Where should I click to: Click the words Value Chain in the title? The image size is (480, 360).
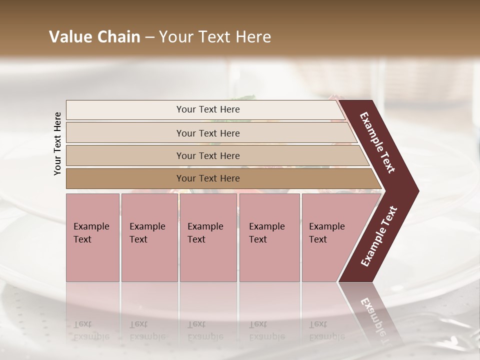pos(94,37)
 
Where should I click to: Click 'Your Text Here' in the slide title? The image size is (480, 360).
pos(215,37)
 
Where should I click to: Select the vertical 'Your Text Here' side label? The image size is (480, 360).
pos(57,143)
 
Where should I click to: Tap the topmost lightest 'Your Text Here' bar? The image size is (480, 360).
pos(125,110)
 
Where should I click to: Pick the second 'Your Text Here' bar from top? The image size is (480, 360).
pos(125,133)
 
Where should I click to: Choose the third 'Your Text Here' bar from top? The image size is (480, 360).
pos(125,155)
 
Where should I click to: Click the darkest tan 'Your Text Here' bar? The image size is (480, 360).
pos(125,178)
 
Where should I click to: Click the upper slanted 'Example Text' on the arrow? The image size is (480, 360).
pos(377,142)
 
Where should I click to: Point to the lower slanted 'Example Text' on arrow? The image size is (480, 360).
pos(379,236)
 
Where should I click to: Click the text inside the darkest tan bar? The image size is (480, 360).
pos(208,178)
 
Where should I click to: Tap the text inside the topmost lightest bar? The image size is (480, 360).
pos(208,109)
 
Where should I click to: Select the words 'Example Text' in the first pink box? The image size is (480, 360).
pos(91,232)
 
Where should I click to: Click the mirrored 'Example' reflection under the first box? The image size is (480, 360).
pos(91,336)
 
